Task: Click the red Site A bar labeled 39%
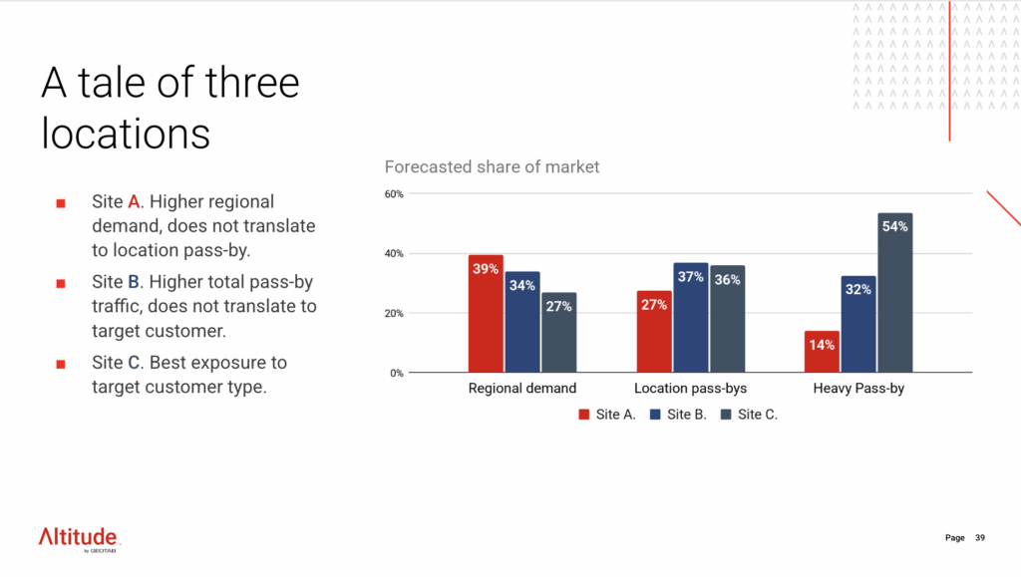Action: pyautogui.click(x=486, y=314)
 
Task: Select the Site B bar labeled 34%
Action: pyautogui.click(x=522, y=322)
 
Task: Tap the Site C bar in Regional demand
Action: pyautogui.click(x=558, y=333)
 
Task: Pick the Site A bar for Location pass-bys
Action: pyautogui.click(x=654, y=332)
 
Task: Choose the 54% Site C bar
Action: pyautogui.click(x=894, y=293)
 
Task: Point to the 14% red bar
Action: pyautogui.click(x=822, y=352)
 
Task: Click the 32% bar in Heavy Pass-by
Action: pyautogui.click(x=858, y=325)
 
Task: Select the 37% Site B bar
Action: pyautogui.click(x=691, y=318)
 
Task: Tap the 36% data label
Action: pyautogui.click(x=727, y=280)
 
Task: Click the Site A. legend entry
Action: pyautogui.click(x=607, y=415)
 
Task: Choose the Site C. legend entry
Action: pyautogui.click(x=750, y=415)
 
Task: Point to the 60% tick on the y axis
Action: pyautogui.click(x=394, y=194)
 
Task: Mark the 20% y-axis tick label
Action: pyautogui.click(x=394, y=313)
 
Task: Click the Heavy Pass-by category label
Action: pyautogui.click(x=858, y=389)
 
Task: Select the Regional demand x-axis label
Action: pyautogui.click(x=522, y=389)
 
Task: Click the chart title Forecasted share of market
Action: pyautogui.click(x=492, y=167)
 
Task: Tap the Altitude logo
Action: pyautogui.click(x=80, y=539)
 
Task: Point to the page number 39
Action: pyautogui.click(x=980, y=537)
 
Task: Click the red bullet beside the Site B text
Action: pyautogui.click(x=61, y=284)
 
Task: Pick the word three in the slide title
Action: pyautogui.click(x=252, y=83)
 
